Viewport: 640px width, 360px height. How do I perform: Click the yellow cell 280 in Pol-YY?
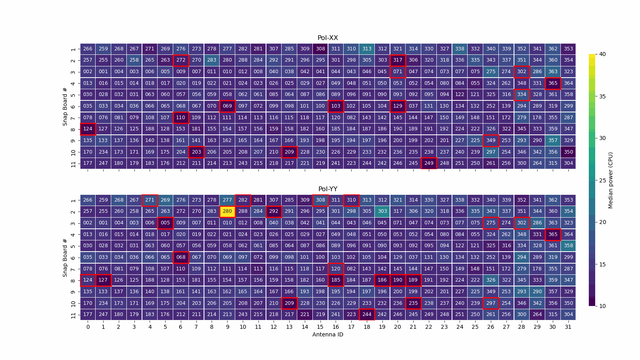pyautogui.click(x=227, y=211)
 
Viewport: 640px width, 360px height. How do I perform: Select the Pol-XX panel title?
pyautogui.click(x=328, y=38)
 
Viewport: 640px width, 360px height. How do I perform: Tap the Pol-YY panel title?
pyautogui.click(x=328, y=189)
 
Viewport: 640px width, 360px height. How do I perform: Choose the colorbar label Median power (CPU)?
pyautogui.click(x=610, y=180)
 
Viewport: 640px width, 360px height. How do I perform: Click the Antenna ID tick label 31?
pyautogui.click(x=568, y=327)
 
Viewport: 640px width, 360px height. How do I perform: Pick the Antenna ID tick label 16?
pyautogui.click(x=336, y=327)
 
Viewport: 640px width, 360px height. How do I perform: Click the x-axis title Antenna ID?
pyautogui.click(x=328, y=334)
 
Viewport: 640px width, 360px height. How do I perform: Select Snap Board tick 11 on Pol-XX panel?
pyautogui.click(x=73, y=163)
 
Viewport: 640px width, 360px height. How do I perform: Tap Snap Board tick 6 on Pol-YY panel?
pyautogui.click(x=73, y=257)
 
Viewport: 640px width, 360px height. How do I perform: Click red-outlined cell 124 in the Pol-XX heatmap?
pyautogui.click(x=88, y=129)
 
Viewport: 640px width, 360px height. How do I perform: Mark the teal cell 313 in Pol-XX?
pyautogui.click(x=366, y=49)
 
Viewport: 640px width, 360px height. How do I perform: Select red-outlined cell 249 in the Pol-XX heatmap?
pyautogui.click(x=429, y=163)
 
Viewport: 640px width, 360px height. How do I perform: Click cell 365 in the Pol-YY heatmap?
pyautogui.click(x=552, y=234)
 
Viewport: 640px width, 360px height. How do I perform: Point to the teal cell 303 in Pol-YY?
pyautogui.click(x=382, y=211)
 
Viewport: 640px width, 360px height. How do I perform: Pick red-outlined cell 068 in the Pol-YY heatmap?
pyautogui.click(x=181, y=257)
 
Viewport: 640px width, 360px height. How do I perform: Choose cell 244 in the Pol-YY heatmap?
pyautogui.click(x=366, y=314)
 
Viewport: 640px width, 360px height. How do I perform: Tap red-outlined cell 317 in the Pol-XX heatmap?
pyautogui.click(x=398, y=60)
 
